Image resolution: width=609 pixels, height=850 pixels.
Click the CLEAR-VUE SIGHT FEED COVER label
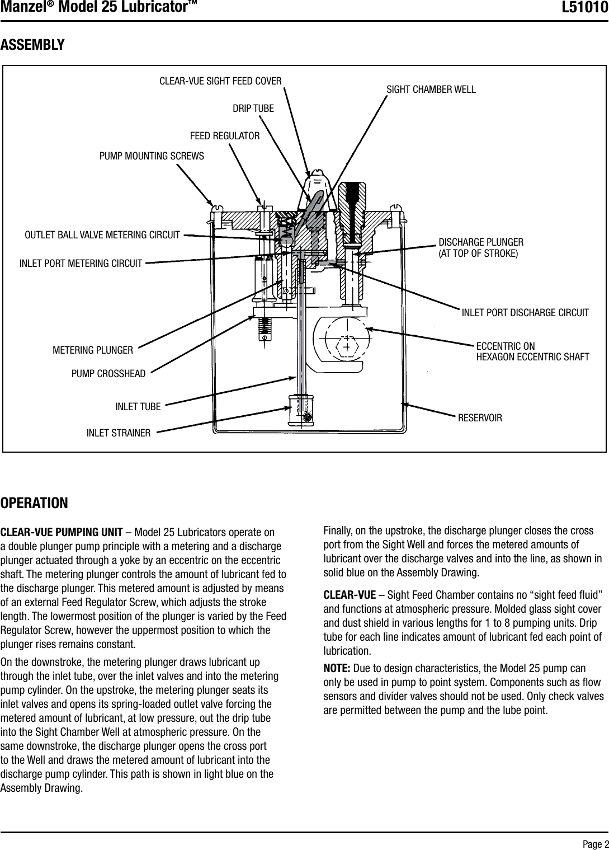tap(220, 81)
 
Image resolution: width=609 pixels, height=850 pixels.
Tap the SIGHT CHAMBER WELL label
tap(431, 90)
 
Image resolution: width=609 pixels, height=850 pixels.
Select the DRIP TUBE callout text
tap(253, 108)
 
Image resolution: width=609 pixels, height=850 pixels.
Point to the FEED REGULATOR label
tap(225, 136)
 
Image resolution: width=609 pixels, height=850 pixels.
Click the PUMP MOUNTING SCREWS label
tap(152, 156)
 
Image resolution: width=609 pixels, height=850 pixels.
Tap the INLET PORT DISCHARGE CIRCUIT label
tap(525, 312)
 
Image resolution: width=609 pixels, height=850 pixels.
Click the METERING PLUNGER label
tap(93, 351)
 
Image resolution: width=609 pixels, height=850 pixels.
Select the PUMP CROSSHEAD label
tap(108, 373)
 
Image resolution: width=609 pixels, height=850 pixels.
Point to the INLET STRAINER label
tap(119, 433)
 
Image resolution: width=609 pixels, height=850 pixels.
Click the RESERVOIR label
tap(480, 418)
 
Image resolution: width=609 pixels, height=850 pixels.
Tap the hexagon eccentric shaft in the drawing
tap(347, 346)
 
